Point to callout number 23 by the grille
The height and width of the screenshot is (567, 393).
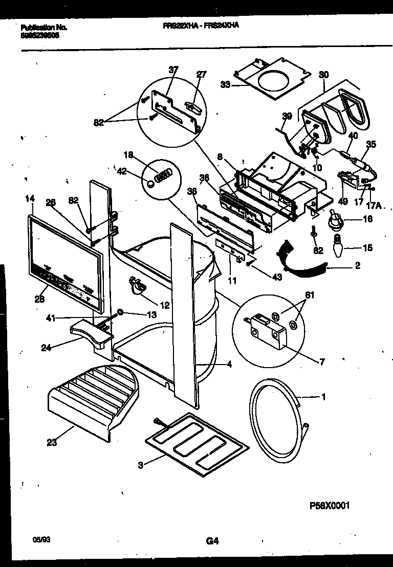[51, 443]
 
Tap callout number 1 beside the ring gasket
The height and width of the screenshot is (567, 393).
[322, 396]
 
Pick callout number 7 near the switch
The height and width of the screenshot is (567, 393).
[321, 362]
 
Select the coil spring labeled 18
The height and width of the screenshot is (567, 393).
[163, 176]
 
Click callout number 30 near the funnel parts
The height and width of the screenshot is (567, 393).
[323, 75]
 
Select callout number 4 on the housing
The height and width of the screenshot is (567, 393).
[229, 365]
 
